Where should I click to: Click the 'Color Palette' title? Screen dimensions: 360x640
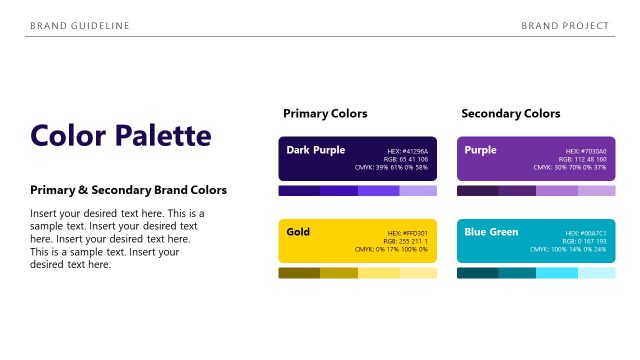pyautogui.click(x=121, y=135)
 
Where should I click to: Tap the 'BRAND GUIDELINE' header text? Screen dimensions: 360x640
pyautogui.click(x=80, y=25)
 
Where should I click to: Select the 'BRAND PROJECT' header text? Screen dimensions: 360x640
pyautogui.click(x=565, y=25)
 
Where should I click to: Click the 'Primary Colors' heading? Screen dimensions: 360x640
pyautogui.click(x=325, y=114)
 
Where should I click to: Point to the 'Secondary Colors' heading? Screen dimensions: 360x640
pyautogui.click(x=510, y=114)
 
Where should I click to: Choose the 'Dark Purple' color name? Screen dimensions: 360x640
pyautogui.click(x=315, y=150)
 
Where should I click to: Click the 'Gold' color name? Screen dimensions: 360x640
pyautogui.click(x=298, y=232)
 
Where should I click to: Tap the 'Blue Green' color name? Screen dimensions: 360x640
pyautogui.click(x=491, y=232)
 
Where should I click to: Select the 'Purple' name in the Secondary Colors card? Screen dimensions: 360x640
pyautogui.click(x=480, y=150)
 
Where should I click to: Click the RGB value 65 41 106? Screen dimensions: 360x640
pyautogui.click(x=406, y=159)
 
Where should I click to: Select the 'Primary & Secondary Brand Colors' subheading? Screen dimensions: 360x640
pyautogui.click(x=128, y=190)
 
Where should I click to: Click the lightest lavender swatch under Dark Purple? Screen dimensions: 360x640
pyautogui.click(x=418, y=191)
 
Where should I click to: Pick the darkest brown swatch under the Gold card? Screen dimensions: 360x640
pyautogui.click(x=298, y=273)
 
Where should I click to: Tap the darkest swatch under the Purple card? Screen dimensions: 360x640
pyautogui.click(x=477, y=191)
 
